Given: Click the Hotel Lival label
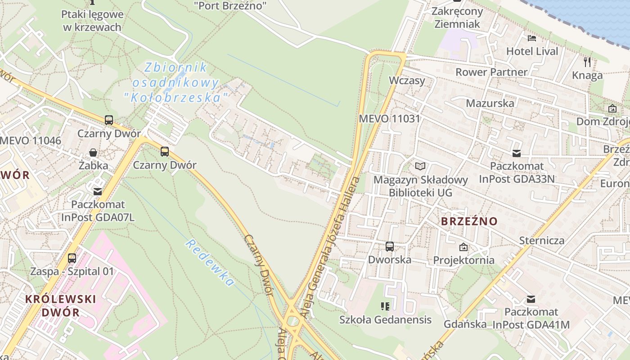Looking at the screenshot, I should pyautogui.click(x=532, y=51).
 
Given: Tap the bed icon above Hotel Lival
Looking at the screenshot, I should pyautogui.click(x=532, y=38).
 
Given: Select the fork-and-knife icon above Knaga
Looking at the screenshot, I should pyautogui.click(x=587, y=62).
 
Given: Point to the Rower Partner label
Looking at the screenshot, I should pyautogui.click(x=491, y=72).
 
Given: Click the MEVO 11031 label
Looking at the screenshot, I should pyautogui.click(x=389, y=119).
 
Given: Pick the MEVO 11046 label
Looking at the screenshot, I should pyautogui.click(x=31, y=140).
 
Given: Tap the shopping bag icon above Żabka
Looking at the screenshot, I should pyautogui.click(x=93, y=153).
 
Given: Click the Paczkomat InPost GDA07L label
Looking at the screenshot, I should pyautogui.click(x=97, y=211).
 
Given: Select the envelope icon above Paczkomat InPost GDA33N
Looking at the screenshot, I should pyautogui.click(x=517, y=153).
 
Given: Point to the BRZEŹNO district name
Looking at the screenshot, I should pyautogui.click(x=469, y=221).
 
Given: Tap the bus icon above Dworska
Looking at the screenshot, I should pyautogui.click(x=390, y=247).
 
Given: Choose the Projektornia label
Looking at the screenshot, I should pyautogui.click(x=463, y=260).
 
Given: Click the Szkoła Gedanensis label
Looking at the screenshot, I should pyautogui.click(x=385, y=320).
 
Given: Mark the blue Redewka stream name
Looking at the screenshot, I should pyautogui.click(x=210, y=263).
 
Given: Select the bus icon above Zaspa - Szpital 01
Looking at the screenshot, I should pyautogui.click(x=72, y=258).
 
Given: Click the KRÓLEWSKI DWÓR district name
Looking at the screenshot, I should pyautogui.click(x=60, y=306).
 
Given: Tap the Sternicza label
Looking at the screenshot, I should pyautogui.click(x=541, y=240).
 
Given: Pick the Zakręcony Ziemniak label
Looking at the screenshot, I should pyautogui.click(x=457, y=18).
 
